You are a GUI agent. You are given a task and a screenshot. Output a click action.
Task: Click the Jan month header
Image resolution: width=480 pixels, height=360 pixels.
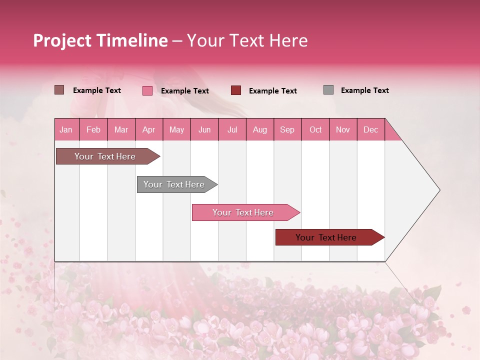pyautogui.click(x=66, y=130)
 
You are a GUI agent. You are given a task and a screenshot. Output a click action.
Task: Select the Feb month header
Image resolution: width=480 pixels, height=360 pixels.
pyautogui.click(x=93, y=130)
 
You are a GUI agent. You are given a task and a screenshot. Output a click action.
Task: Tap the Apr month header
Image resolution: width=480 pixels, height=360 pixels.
pyautogui.click(x=148, y=130)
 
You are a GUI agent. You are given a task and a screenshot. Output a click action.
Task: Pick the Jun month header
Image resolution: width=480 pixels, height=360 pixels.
pyautogui.click(x=204, y=130)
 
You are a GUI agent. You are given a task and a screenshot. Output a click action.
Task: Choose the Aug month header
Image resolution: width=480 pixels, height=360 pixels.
pyautogui.click(x=259, y=130)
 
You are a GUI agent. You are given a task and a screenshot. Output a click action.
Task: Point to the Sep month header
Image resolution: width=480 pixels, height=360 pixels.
pyautogui.click(x=287, y=130)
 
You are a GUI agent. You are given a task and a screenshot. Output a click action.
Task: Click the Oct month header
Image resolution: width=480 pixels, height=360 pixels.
pyautogui.click(x=315, y=130)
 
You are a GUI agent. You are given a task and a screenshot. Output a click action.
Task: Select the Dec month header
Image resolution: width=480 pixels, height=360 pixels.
pyautogui.click(x=370, y=130)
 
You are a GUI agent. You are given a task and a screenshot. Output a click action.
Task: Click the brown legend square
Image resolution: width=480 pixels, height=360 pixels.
pyautogui.click(x=59, y=90)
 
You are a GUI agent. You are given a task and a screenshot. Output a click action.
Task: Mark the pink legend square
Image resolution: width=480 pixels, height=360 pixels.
pyautogui.click(x=147, y=90)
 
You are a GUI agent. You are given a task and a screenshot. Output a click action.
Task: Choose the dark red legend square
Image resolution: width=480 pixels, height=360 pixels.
pyautogui.click(x=236, y=90)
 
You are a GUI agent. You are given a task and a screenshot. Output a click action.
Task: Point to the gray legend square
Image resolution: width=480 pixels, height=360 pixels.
pyautogui.click(x=328, y=90)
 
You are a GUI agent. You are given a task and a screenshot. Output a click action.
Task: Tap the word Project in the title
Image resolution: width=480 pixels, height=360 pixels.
pyautogui.click(x=62, y=40)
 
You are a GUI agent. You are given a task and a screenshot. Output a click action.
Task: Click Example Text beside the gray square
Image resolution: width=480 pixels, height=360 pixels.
pyautogui.click(x=364, y=90)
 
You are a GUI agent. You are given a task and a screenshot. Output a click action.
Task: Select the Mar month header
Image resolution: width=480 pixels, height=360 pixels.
pyautogui.click(x=121, y=130)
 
